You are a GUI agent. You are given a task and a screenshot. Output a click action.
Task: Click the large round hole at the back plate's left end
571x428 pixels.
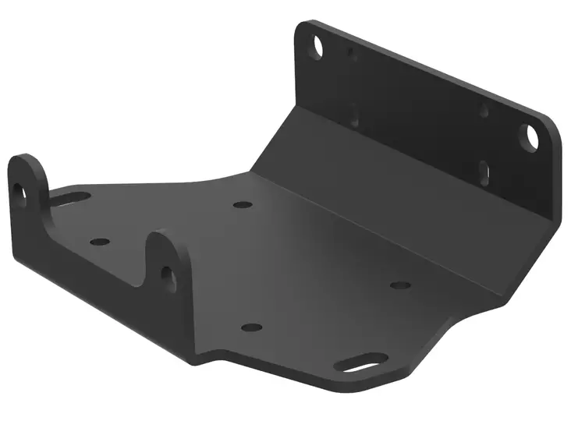tap(316, 46)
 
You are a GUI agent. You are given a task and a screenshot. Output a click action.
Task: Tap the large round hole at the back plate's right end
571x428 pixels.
tap(531, 135)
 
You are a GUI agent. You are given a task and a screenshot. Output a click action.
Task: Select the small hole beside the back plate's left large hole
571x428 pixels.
tap(350, 53)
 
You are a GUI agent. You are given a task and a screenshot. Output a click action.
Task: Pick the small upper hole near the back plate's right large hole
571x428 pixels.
tap(484, 111)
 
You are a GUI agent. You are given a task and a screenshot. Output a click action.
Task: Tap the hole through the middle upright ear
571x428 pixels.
tap(166, 273)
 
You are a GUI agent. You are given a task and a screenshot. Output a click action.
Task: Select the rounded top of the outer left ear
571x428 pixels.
tap(25, 161)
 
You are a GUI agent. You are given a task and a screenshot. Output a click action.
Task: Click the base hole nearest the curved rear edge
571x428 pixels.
tap(243, 206)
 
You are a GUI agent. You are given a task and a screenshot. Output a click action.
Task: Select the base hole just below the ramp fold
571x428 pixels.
tap(399, 285)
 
